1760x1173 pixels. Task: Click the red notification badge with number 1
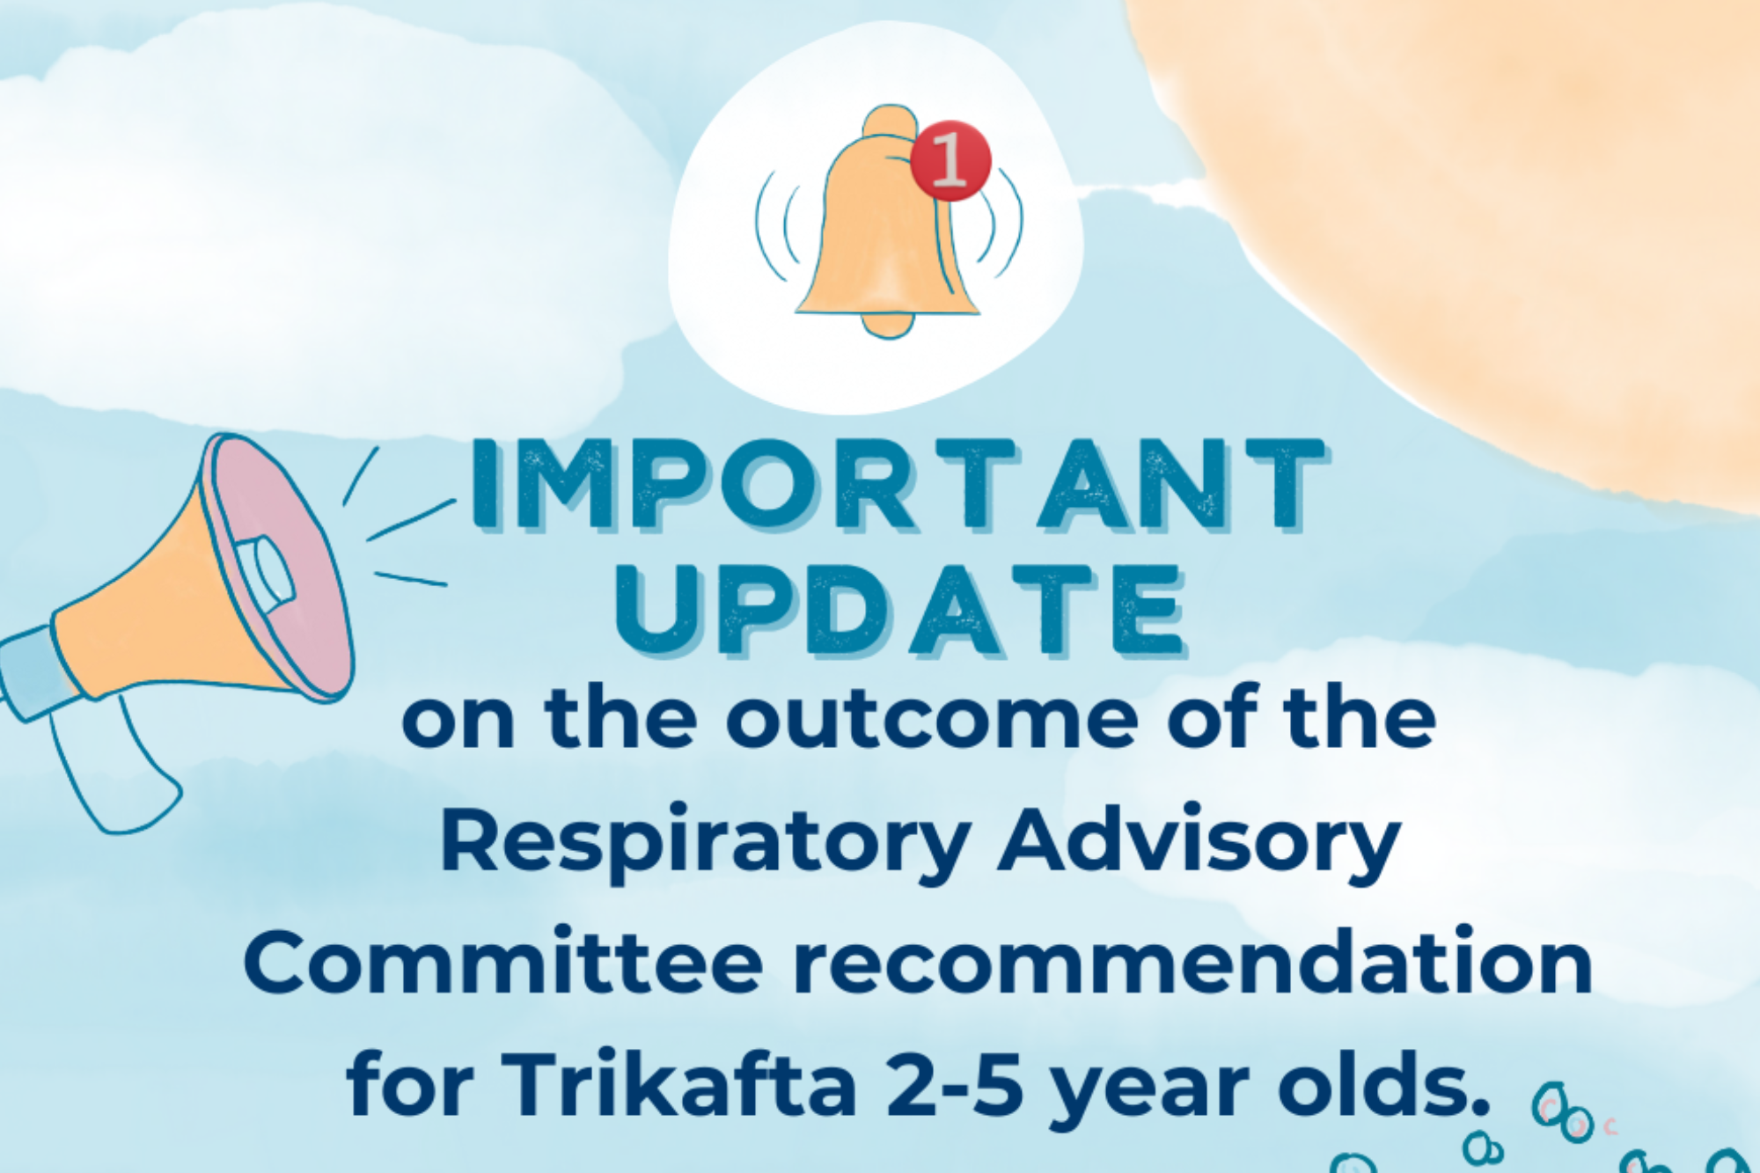950,160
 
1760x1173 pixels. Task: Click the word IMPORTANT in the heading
898,485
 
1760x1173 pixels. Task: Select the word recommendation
1193,961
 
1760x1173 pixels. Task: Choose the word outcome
932,719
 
